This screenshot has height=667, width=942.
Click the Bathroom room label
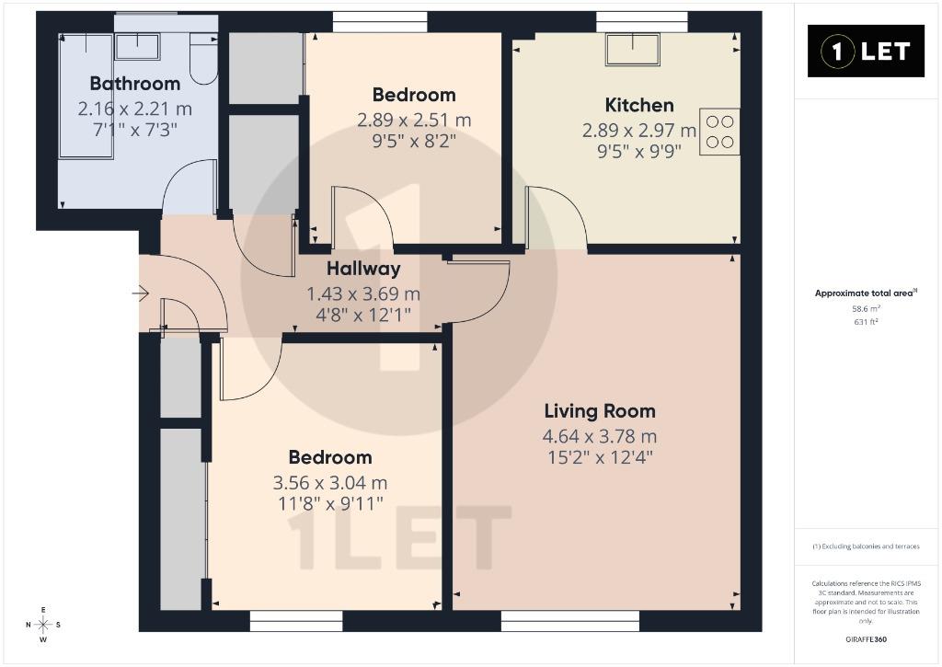pyautogui.click(x=135, y=84)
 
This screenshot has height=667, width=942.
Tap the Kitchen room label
pyautogui.click(x=639, y=105)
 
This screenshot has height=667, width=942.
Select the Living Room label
pyautogui.click(x=600, y=411)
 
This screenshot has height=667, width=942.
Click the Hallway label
pyautogui.click(x=363, y=269)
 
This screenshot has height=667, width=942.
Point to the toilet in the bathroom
pyautogui.click(x=203, y=58)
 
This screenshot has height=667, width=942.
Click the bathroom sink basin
pyautogui.click(x=138, y=46)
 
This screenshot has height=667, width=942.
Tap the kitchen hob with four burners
pyautogui.click(x=719, y=132)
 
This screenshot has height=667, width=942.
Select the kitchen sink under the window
pyautogui.click(x=633, y=49)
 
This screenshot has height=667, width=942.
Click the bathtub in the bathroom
pyautogui.click(x=86, y=97)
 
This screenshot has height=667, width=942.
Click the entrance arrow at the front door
pyautogui.click(x=141, y=293)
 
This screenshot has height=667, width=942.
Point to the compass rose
pyautogui.click(x=43, y=625)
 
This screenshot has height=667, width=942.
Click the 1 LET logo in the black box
pyautogui.click(x=866, y=52)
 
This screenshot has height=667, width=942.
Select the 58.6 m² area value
pyautogui.click(x=866, y=309)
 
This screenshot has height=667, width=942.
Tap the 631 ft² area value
pyautogui.click(x=866, y=322)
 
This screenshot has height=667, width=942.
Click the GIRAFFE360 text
pyautogui.click(x=866, y=639)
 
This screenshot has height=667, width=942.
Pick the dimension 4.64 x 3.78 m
pyautogui.click(x=600, y=436)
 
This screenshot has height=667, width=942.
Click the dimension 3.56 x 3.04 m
pyautogui.click(x=330, y=482)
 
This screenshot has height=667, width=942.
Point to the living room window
pyautogui.click(x=570, y=621)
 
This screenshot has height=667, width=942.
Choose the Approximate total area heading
pyautogui.click(x=866, y=293)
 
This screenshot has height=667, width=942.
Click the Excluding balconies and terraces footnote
pyautogui.click(x=866, y=546)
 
